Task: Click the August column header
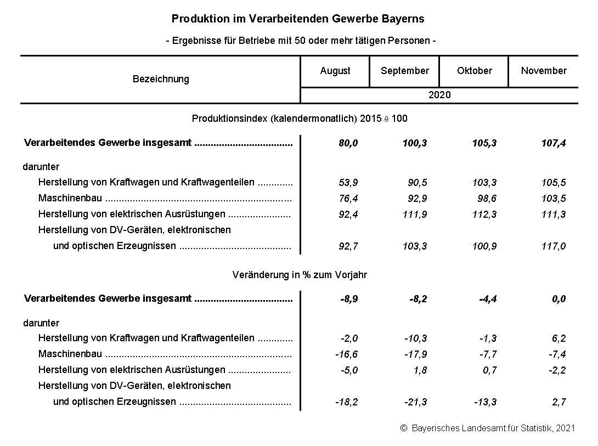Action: point(335,71)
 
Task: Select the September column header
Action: point(404,71)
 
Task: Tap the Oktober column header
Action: point(474,71)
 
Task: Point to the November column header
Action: point(543,71)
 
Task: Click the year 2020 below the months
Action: point(439,95)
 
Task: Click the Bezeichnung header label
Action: point(161,79)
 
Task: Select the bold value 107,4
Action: point(553,144)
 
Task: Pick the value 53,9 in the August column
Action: point(348,183)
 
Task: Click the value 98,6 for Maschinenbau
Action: point(486,199)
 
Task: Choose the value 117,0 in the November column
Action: point(553,246)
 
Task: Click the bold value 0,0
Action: point(558,299)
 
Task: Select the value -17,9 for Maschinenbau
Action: point(415,354)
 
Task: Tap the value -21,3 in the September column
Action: point(415,402)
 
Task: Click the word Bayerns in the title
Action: point(405,19)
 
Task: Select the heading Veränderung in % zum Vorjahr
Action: point(300,275)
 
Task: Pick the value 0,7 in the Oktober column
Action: point(490,370)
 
